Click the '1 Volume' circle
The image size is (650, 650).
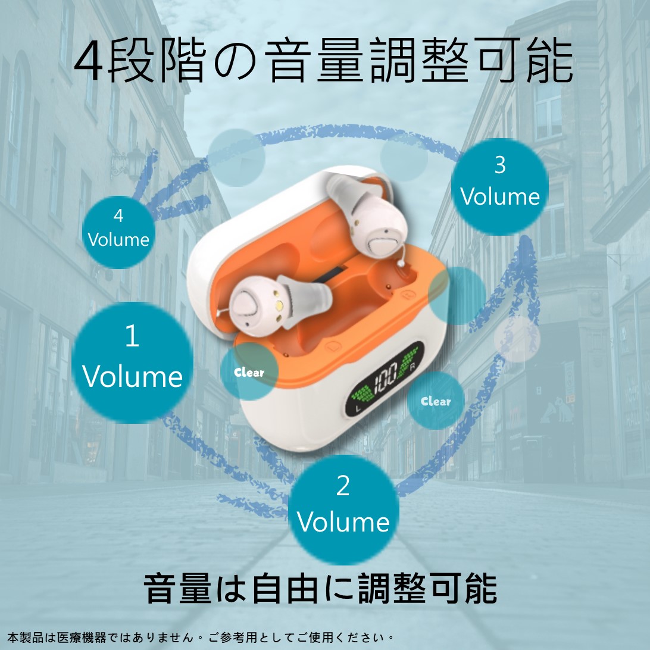point(132,362)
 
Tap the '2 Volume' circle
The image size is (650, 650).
point(343,510)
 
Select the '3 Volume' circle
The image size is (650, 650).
point(500,186)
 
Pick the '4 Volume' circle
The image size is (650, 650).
point(118,232)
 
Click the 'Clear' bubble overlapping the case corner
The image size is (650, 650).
point(249,371)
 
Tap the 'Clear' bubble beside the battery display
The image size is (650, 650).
point(436,401)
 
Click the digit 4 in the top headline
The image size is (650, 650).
point(88,60)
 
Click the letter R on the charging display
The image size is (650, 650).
point(412,367)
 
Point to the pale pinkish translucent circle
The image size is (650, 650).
point(517,339)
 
